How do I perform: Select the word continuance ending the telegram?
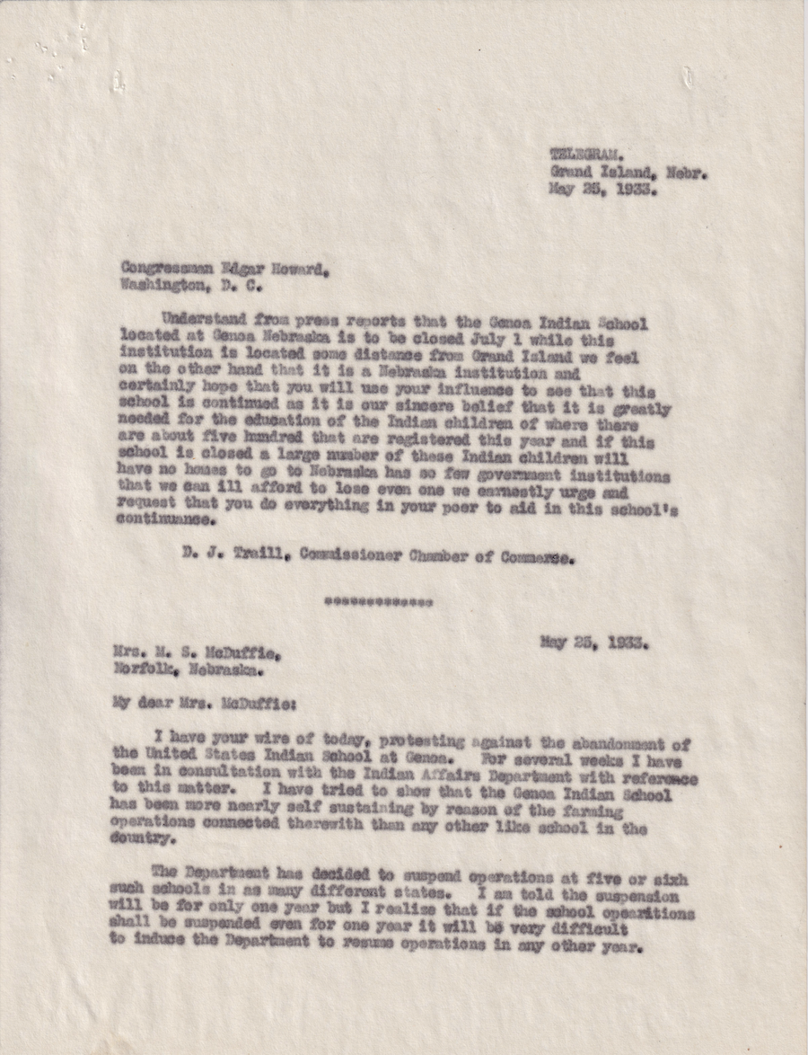pos(167,520)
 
